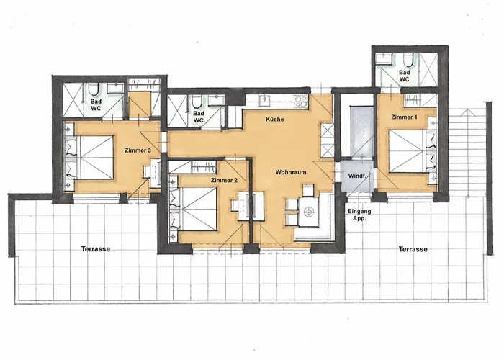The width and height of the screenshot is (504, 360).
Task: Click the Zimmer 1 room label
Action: coord(404,117)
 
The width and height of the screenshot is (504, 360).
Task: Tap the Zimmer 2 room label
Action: coord(224,180)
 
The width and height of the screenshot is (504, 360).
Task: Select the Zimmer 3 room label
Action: coord(138,150)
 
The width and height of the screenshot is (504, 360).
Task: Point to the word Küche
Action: coord(274,120)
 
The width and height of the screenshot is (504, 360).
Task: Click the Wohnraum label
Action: coord(291,172)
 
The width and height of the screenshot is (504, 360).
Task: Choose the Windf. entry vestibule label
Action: coord(357,176)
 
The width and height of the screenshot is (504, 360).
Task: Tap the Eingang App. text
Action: coord(359,215)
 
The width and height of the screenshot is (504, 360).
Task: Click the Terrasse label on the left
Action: coord(96,249)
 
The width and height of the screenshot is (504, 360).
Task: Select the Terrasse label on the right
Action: coord(413,249)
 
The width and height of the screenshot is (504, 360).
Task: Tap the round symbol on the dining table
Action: coord(309,212)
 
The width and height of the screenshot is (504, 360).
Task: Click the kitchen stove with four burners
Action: coord(301,100)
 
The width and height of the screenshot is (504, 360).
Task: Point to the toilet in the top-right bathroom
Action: coord(409,60)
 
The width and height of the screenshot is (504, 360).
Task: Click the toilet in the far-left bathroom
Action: coord(94,90)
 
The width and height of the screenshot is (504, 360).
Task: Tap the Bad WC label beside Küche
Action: coord(199,117)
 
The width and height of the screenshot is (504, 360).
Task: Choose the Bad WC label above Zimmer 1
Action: coord(405,76)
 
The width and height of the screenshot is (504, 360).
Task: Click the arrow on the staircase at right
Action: coord(466,113)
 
